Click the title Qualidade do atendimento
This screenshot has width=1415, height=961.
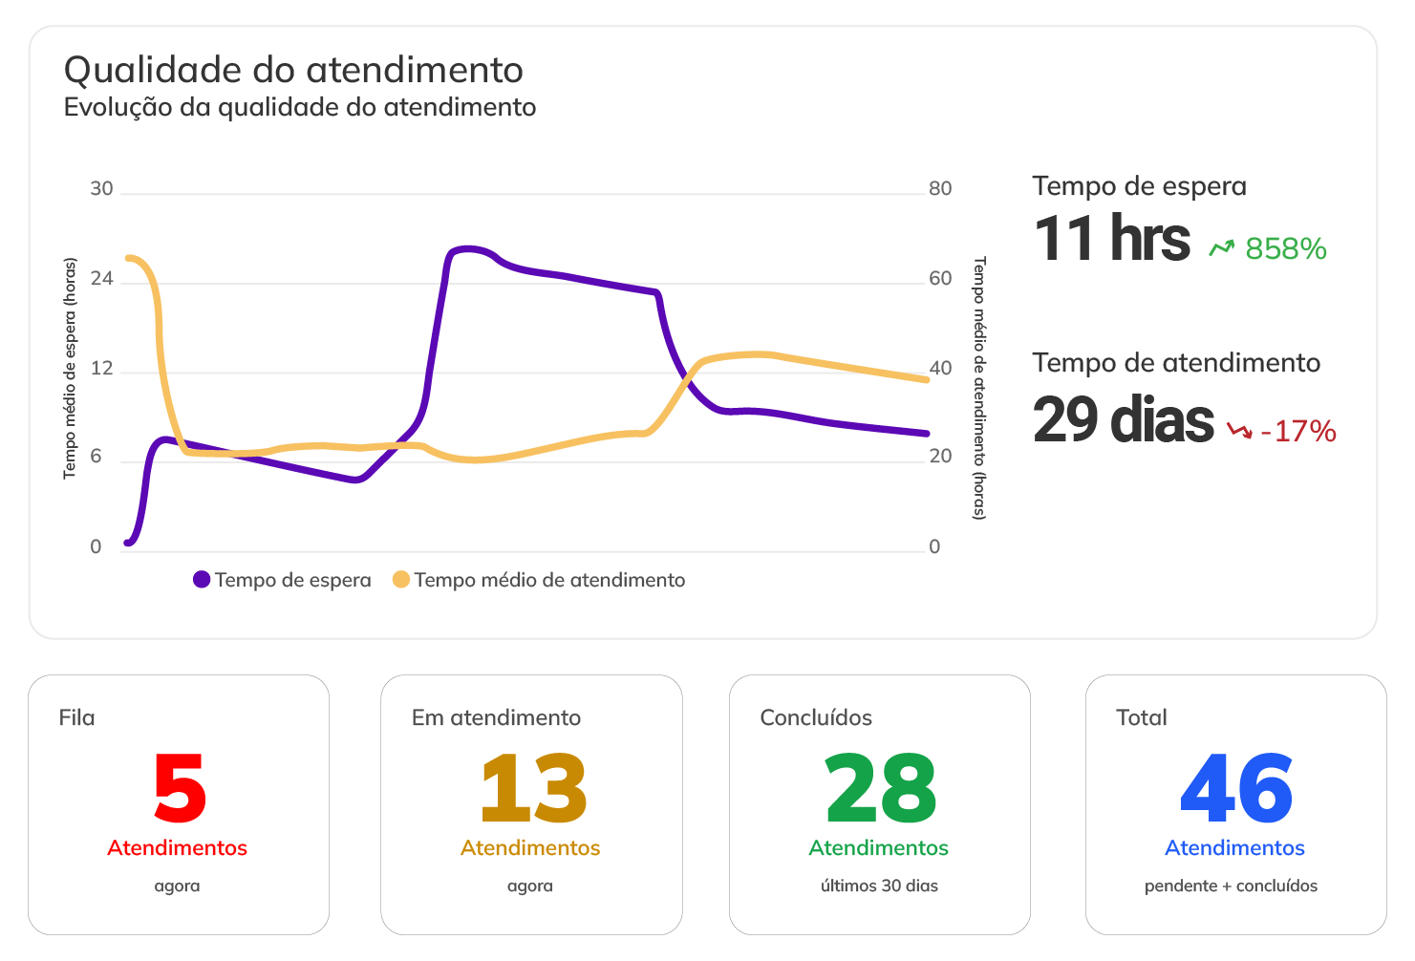click(293, 71)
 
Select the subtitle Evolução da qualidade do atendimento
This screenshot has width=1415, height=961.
click(299, 107)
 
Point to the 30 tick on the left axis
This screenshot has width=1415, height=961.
click(101, 189)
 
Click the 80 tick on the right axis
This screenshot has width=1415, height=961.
click(940, 189)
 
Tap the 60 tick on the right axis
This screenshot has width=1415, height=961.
click(940, 279)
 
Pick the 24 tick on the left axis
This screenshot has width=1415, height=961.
click(101, 279)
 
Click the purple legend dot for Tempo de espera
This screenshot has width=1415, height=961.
click(202, 580)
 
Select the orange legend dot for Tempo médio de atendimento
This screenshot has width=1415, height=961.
click(401, 580)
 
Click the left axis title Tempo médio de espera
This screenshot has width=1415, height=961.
click(70, 368)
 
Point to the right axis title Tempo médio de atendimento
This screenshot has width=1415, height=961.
click(979, 387)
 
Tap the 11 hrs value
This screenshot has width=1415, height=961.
click(1111, 239)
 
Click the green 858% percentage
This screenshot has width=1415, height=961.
click(1285, 249)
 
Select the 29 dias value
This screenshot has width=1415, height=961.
click(1123, 420)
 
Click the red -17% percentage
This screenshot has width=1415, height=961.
click(1297, 432)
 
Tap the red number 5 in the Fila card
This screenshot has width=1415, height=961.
click(180, 789)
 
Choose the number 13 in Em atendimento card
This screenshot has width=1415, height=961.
click(533, 789)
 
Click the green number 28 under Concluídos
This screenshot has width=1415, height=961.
click(880, 789)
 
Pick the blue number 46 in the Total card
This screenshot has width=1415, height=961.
click(1236, 789)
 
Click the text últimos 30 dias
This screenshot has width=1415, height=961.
click(879, 886)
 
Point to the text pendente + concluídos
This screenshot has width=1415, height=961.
click(1231, 886)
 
